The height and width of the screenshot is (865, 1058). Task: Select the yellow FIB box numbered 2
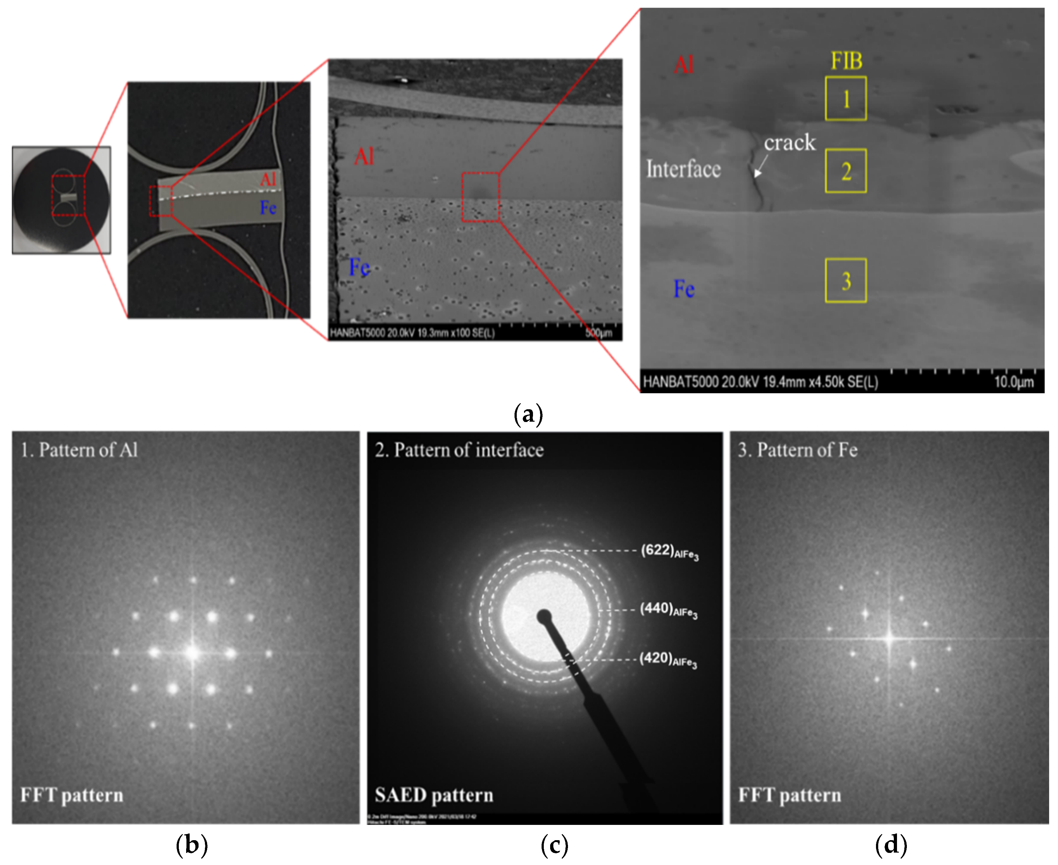tap(845, 171)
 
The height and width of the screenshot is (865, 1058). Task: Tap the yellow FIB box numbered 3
tap(845, 281)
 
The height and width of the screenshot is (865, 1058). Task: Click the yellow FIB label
tap(846, 61)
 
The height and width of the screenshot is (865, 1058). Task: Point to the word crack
tap(790, 142)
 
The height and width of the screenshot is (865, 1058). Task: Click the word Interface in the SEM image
tap(683, 169)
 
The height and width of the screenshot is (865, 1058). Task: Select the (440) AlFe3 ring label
tap(668, 609)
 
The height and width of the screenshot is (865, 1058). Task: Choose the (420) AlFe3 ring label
tap(668, 659)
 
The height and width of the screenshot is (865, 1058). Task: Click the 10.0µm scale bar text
tap(1014, 382)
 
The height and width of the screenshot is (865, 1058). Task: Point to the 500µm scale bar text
tap(599, 333)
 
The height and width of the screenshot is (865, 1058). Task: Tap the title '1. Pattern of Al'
tap(79, 450)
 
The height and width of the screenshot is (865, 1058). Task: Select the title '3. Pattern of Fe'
tap(797, 450)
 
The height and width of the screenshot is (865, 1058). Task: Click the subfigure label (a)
tap(528, 414)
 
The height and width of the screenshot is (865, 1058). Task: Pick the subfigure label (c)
tap(554, 845)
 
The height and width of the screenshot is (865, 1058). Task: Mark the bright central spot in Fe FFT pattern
tap(890, 638)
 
